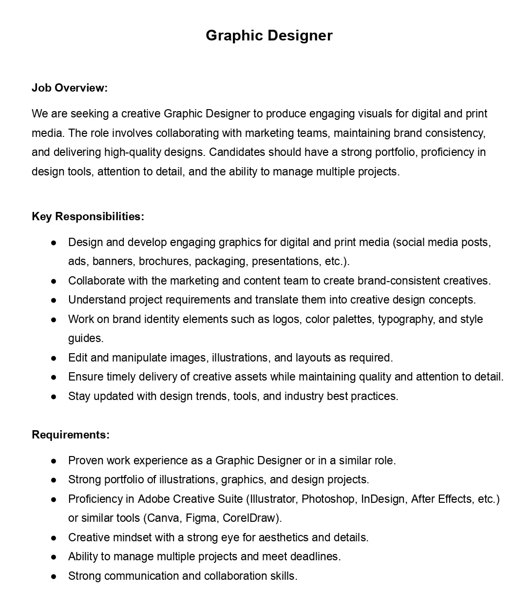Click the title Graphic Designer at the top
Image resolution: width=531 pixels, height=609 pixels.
[x=269, y=36]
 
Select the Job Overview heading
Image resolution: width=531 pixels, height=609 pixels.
[x=70, y=88]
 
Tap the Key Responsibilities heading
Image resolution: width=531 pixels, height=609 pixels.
[x=88, y=216]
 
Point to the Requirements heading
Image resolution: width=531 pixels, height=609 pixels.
[x=71, y=435]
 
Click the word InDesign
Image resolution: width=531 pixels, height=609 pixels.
[x=383, y=499]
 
